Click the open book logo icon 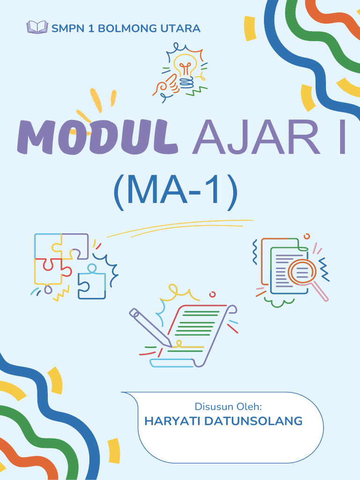pos(37,27)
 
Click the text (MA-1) pos(175,191)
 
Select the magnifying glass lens pos(301,272)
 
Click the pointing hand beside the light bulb pos(165,86)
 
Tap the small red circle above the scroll pos(212,294)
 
